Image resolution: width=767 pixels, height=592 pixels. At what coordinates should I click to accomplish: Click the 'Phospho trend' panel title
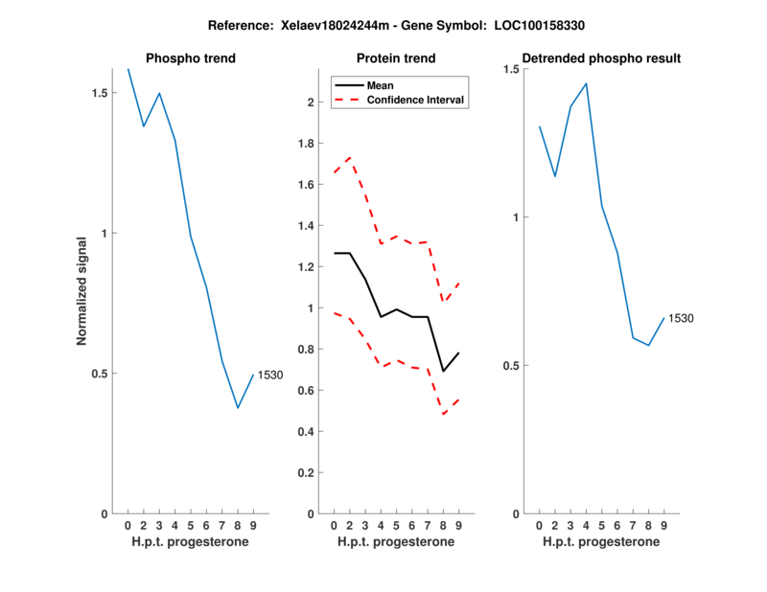(190, 58)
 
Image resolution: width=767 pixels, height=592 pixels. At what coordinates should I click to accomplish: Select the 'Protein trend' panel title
(396, 58)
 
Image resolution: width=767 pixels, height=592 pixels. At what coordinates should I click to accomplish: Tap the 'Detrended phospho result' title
(601, 58)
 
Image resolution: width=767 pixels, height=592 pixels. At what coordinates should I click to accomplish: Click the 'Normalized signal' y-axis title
(81, 290)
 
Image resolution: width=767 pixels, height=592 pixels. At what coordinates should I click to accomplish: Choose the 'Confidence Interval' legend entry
(416, 100)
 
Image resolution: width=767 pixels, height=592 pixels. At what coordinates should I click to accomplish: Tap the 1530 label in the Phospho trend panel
(271, 376)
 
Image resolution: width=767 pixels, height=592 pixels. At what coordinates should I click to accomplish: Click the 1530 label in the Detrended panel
(681, 318)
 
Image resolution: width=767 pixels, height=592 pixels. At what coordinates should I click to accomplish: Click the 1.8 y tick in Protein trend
(308, 144)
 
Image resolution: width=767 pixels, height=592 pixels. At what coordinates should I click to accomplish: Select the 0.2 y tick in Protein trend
(308, 473)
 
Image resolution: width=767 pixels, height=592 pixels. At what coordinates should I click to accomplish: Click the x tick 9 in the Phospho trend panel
(253, 525)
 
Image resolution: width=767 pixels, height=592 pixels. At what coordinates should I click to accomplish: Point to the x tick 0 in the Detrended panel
(540, 525)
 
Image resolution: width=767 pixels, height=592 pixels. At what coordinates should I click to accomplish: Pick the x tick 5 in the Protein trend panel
(396, 525)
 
